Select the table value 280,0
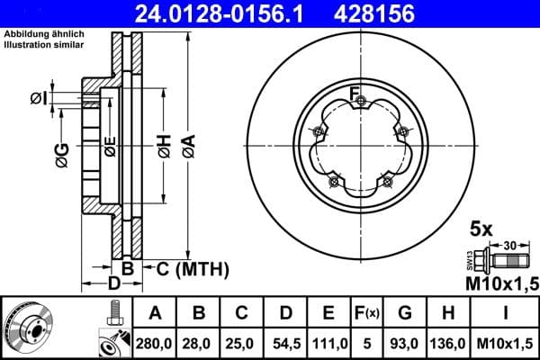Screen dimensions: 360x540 [x=154, y=343]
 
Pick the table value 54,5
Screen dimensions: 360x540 [x=285, y=343]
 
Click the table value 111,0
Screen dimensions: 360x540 [x=329, y=343]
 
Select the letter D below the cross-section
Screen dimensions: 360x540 [x=113, y=285]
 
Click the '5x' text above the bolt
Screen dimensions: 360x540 [x=482, y=229]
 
